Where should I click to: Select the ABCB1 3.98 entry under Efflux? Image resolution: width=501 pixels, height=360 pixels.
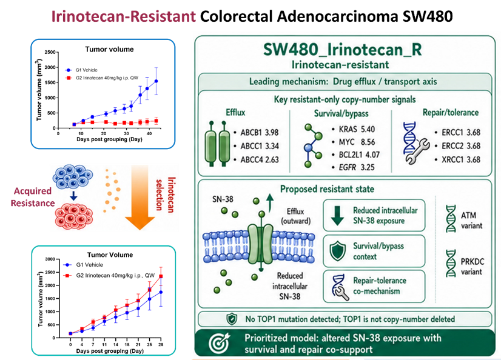pos(260,133)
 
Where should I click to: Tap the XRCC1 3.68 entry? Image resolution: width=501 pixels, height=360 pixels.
pos(461,159)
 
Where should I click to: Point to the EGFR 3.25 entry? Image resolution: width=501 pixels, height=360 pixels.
pos(357,167)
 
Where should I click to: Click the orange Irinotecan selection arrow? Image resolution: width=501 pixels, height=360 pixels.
pos(140,198)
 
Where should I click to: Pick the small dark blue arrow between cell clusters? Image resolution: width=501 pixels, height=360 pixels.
pos(73,196)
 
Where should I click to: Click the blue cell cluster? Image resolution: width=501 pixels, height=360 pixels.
pos(73,177)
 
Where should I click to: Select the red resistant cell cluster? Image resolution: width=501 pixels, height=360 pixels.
pos(74,217)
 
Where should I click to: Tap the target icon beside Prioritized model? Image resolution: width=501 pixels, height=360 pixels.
pos(219,343)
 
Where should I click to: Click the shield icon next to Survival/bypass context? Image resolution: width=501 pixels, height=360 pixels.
pos(338,251)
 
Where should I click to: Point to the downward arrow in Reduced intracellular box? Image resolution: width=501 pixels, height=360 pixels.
pos(337,216)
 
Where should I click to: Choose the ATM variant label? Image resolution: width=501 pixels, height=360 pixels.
pos(471,221)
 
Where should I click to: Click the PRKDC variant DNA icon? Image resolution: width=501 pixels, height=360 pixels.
pos(451,263)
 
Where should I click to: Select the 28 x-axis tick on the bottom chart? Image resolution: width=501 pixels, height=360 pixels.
pos(161,345)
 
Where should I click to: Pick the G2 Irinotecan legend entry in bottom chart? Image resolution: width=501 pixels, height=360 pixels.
pos(109,275)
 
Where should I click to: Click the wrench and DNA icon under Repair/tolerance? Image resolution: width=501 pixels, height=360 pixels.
pos(415,143)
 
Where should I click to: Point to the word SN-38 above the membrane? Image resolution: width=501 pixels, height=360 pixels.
pos(223,199)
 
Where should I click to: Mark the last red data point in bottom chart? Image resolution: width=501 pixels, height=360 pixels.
pos(161,276)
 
